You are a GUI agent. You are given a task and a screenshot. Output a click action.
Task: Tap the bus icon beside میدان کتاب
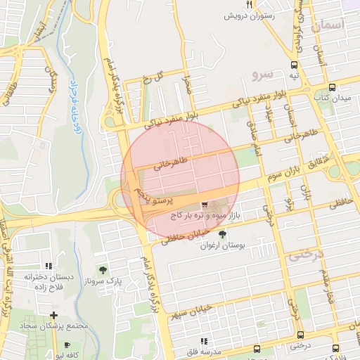(x=332, y=88)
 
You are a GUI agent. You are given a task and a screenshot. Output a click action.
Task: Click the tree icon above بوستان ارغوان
(x=223, y=234)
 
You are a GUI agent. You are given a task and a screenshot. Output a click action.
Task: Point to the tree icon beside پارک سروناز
(x=103, y=270)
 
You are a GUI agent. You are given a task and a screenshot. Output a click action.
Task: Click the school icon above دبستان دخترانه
(x=49, y=266)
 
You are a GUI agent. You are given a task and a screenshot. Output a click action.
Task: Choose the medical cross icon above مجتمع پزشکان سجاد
(x=53, y=314)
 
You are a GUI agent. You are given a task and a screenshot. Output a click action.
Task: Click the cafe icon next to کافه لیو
(x=67, y=345)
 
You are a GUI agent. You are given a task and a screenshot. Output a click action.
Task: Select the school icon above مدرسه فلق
(x=204, y=341)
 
